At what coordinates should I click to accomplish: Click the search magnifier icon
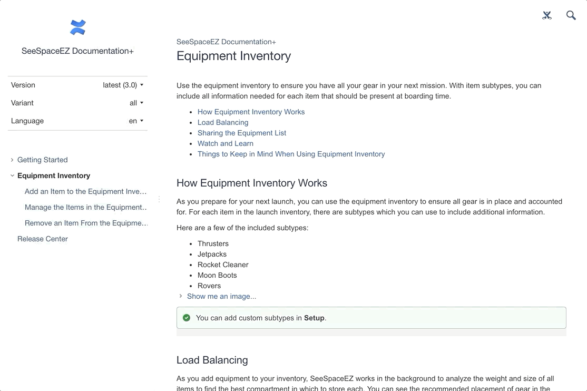(571, 15)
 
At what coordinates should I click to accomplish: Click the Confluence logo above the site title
(77, 27)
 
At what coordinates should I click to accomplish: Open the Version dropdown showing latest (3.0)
(123, 85)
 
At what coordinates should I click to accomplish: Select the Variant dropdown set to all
(136, 103)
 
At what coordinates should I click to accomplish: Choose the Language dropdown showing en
(136, 121)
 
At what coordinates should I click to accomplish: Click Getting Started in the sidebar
(42, 160)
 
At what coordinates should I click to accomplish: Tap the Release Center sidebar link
(42, 239)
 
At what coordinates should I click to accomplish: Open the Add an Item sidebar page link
(85, 191)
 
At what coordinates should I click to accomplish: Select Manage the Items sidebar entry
(85, 207)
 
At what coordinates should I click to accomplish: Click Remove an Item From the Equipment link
(86, 223)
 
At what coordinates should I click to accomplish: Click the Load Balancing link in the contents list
(223, 122)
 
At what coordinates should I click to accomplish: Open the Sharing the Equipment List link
(242, 133)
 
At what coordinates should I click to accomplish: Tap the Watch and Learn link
(226, 143)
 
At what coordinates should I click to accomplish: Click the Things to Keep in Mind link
(291, 154)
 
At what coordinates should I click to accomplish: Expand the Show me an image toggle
(221, 296)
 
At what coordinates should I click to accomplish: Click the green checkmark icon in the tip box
(187, 318)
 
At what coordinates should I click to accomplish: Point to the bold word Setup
(314, 318)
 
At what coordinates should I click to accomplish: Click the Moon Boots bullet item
(217, 275)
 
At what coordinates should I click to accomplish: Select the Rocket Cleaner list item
(223, 265)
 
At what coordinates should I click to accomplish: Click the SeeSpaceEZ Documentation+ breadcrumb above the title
(226, 42)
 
